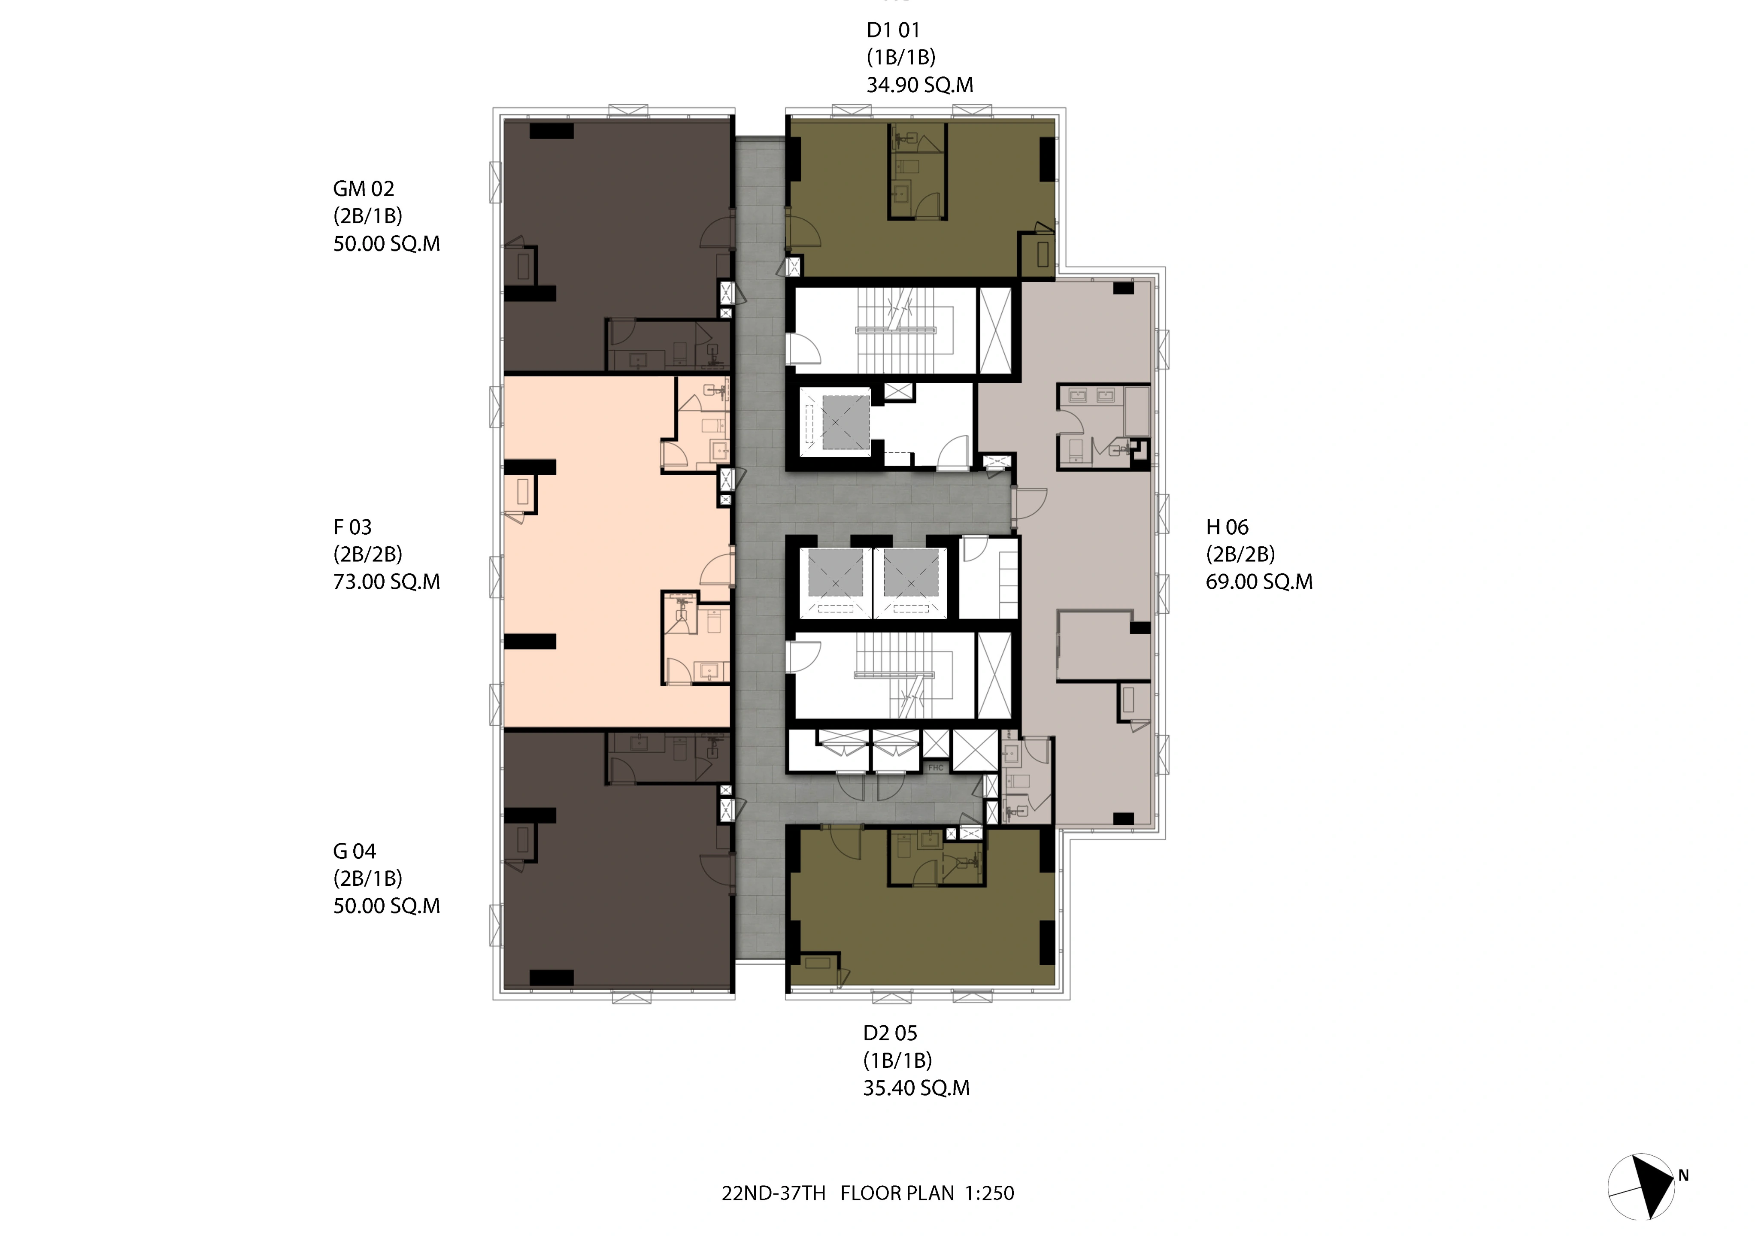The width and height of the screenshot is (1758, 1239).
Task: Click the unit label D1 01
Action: point(893,30)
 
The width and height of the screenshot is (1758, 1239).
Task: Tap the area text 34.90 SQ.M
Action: point(920,85)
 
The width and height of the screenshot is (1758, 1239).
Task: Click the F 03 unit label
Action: point(352,527)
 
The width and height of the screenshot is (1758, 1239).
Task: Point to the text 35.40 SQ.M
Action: point(916,1088)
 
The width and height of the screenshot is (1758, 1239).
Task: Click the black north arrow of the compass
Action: point(1650,1187)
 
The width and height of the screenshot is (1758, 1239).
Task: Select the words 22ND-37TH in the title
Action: point(773,1193)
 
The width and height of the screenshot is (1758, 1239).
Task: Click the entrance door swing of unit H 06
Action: point(1030,506)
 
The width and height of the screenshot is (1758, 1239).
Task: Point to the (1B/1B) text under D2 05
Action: point(897,1060)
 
